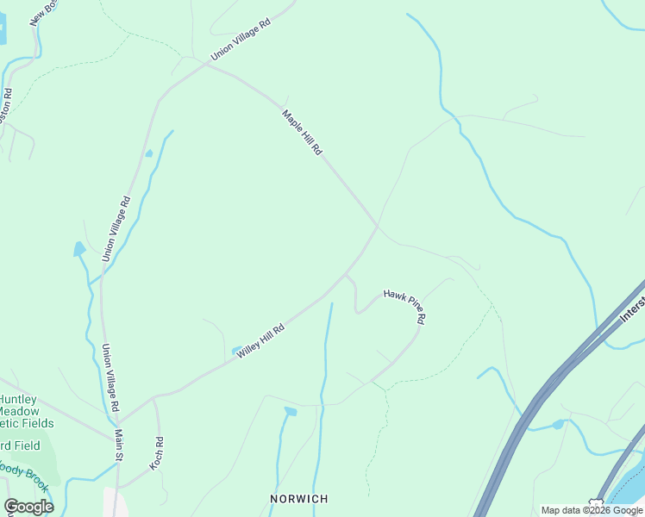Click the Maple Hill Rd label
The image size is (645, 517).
[302, 133]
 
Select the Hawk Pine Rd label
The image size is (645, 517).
[404, 305]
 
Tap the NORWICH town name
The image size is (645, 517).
[299, 499]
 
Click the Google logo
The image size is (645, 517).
[28, 507]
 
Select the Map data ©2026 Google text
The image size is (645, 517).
[592, 510]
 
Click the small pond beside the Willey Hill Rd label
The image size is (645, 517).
[237, 351]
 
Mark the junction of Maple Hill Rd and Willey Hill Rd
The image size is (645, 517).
[377, 227]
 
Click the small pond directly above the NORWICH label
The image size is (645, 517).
[291, 412]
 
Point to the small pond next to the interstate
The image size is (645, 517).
[559, 424]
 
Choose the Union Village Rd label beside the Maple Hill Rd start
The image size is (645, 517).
[241, 40]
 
